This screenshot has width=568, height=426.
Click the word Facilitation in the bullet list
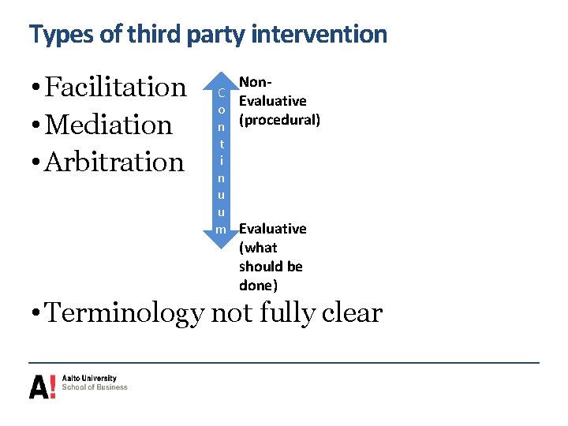(x=116, y=87)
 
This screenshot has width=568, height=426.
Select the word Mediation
(x=109, y=125)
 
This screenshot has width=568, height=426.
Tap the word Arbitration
(x=114, y=162)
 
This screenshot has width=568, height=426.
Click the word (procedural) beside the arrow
(x=279, y=120)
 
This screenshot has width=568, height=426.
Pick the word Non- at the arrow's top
(x=255, y=82)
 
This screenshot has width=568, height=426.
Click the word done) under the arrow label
(x=258, y=285)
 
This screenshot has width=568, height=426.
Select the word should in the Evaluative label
(x=260, y=266)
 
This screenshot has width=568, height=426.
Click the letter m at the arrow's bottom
(x=222, y=229)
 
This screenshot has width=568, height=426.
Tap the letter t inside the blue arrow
(x=222, y=144)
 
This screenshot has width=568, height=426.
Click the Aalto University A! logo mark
(x=43, y=386)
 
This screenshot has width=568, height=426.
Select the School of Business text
(x=95, y=387)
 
